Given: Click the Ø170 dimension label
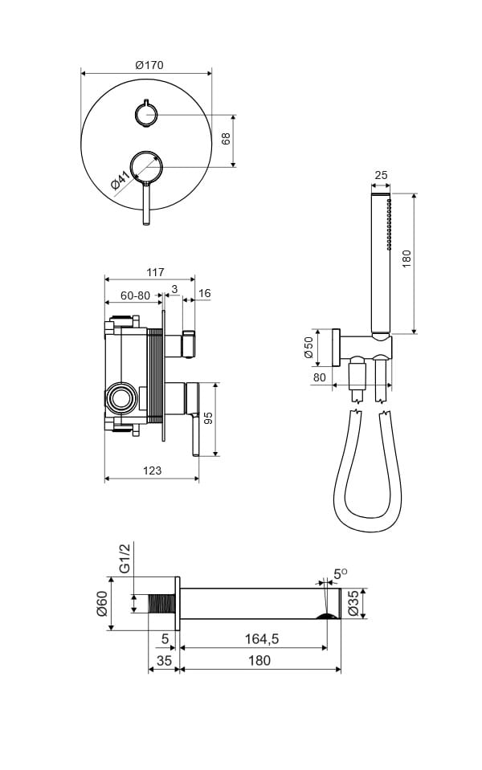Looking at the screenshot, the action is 149,65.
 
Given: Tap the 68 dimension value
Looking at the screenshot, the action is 226,139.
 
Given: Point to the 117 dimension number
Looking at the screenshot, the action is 155,272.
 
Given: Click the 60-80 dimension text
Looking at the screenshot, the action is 136,295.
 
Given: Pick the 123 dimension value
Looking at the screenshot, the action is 152,471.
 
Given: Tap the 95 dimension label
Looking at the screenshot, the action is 208,418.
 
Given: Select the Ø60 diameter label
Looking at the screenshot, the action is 102,604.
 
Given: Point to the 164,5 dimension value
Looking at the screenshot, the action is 262,639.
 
